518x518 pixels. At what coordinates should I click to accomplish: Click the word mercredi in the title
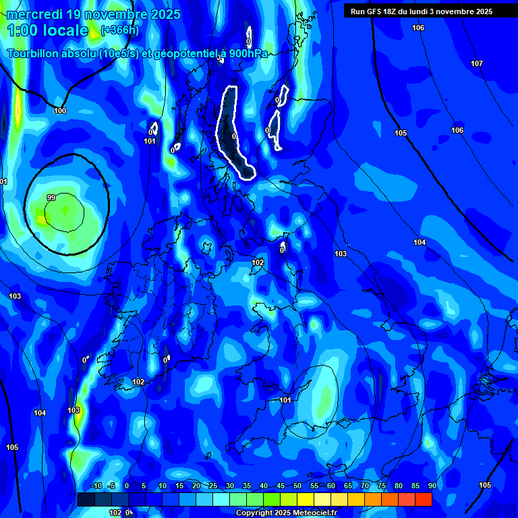[36, 14]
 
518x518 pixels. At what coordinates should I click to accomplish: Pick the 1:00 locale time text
[48, 30]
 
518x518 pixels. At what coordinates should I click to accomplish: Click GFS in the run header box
[377, 11]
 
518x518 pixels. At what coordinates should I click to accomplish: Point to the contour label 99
[51, 198]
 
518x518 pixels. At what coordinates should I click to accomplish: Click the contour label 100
[60, 111]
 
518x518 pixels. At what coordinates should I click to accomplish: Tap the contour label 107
[477, 63]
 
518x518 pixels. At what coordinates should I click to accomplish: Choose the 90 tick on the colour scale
[432, 486]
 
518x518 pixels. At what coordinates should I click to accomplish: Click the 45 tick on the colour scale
[280, 486]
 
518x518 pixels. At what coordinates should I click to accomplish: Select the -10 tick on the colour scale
[96, 486]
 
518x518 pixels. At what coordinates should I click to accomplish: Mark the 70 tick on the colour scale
[364, 486]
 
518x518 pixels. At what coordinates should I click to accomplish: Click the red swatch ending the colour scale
[424, 499]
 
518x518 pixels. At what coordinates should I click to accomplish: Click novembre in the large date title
[113, 14]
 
